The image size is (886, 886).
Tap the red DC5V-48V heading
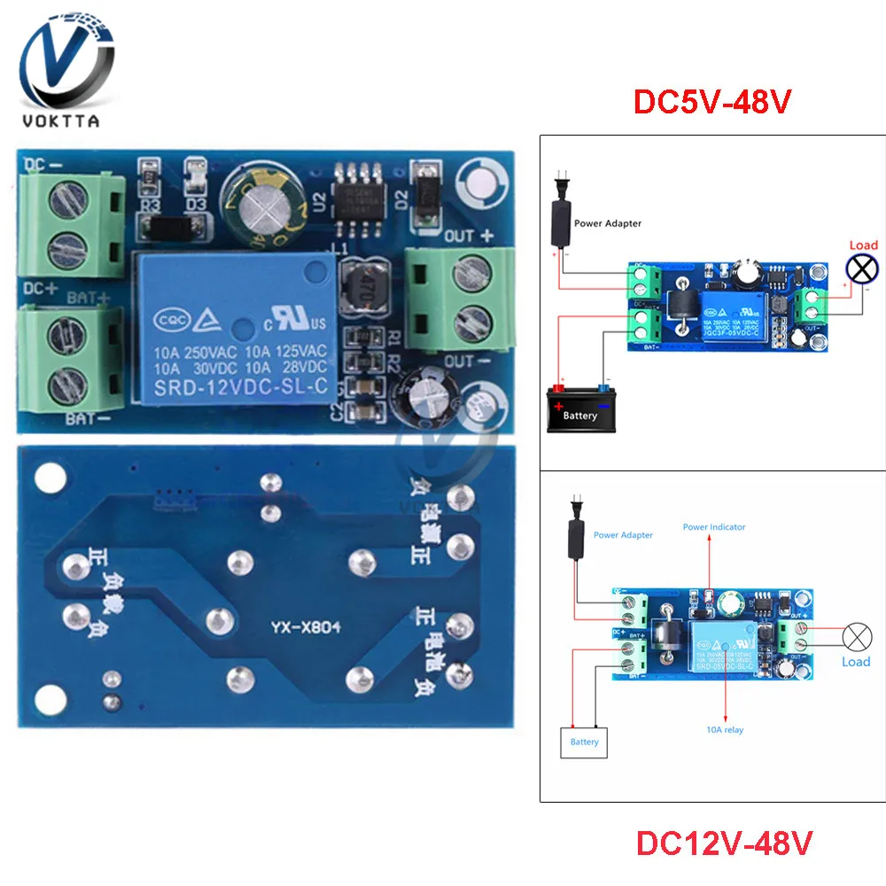(711, 102)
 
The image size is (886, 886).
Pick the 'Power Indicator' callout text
(714, 527)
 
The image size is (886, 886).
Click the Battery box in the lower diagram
(584, 742)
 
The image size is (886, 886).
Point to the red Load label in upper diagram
(863, 245)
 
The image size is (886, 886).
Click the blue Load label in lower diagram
(856, 662)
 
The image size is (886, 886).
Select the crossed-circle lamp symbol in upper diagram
(859, 269)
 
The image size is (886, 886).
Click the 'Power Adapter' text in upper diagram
(608, 224)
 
